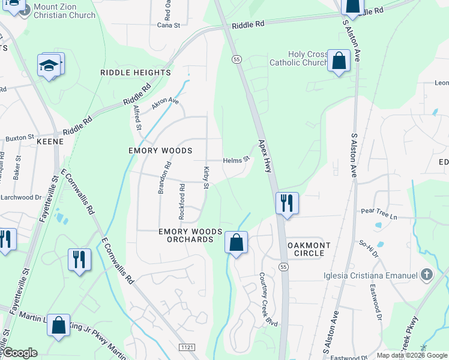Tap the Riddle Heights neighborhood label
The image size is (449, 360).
(x=136, y=73)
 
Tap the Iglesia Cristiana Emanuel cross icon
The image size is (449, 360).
(x=427, y=275)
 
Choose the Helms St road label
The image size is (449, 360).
(x=236, y=160)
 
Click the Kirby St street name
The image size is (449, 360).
(x=206, y=178)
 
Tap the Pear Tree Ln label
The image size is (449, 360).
(x=379, y=212)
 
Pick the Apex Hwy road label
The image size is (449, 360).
(x=265, y=157)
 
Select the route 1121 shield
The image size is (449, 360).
(x=187, y=347)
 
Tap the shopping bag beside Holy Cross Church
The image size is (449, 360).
(x=339, y=61)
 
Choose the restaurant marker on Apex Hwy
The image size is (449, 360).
(x=287, y=203)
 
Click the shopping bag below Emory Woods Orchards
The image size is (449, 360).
(x=237, y=243)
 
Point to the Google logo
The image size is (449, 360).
(x=20, y=353)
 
